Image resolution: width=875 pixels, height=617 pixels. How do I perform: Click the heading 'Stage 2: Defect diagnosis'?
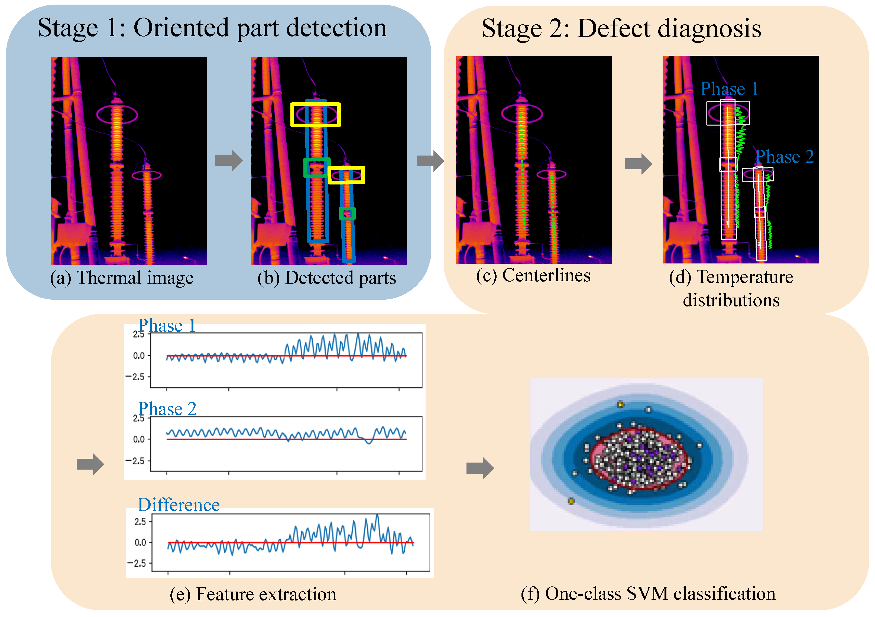tap(621, 29)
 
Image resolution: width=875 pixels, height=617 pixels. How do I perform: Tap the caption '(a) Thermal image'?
tap(122, 278)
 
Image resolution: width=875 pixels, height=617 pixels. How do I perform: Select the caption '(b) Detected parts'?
tap(327, 278)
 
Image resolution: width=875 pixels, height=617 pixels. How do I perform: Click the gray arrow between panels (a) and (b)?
tap(228, 160)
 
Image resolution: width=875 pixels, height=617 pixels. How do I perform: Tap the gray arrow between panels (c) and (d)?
tap(638, 164)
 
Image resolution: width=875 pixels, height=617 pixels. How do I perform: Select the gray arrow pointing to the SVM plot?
tap(480, 468)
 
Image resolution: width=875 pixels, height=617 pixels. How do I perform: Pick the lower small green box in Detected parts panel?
tap(347, 213)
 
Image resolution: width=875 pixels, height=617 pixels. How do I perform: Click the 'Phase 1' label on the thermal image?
tap(729, 89)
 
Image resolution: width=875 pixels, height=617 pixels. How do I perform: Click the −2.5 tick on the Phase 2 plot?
tap(135, 461)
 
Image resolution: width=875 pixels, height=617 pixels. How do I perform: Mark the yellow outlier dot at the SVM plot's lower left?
tap(571, 501)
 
